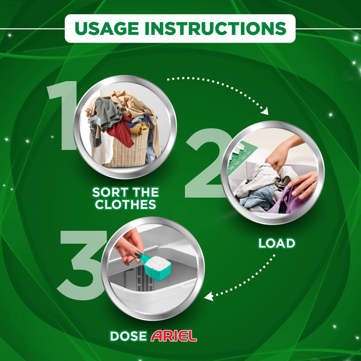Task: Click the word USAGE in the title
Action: click(106, 29)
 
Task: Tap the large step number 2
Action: click(206, 163)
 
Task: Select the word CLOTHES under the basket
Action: click(126, 204)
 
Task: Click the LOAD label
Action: click(277, 243)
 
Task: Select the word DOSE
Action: click(128, 336)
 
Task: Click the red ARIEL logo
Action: click(174, 336)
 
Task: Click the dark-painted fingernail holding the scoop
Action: click(138, 254)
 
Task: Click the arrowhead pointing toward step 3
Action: click(209, 296)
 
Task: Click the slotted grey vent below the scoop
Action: click(144, 279)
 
